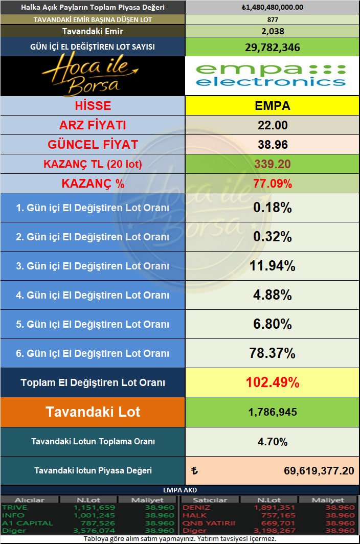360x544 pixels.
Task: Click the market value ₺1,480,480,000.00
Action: pos(272,7)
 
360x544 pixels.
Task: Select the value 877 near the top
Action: pos(272,19)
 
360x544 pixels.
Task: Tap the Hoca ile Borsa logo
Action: pos(92,76)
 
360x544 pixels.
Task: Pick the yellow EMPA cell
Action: pos(272,106)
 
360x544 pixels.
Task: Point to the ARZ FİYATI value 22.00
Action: pos(272,125)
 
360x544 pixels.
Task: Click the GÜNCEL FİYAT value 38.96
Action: pos(272,145)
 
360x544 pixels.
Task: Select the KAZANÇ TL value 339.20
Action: pos(272,164)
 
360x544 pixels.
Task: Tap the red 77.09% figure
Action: pos(272,184)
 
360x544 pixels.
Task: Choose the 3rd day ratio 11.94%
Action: pos(272,266)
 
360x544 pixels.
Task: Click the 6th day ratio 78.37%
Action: pos(272,353)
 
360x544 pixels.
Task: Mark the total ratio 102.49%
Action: pos(272,382)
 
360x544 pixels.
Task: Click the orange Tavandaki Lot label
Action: pos(93,412)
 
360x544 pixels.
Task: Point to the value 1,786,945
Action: pos(272,412)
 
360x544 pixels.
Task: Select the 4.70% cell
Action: pos(272,442)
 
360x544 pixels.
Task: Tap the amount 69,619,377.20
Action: pos(318,471)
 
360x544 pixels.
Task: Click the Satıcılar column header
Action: pos(202,500)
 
